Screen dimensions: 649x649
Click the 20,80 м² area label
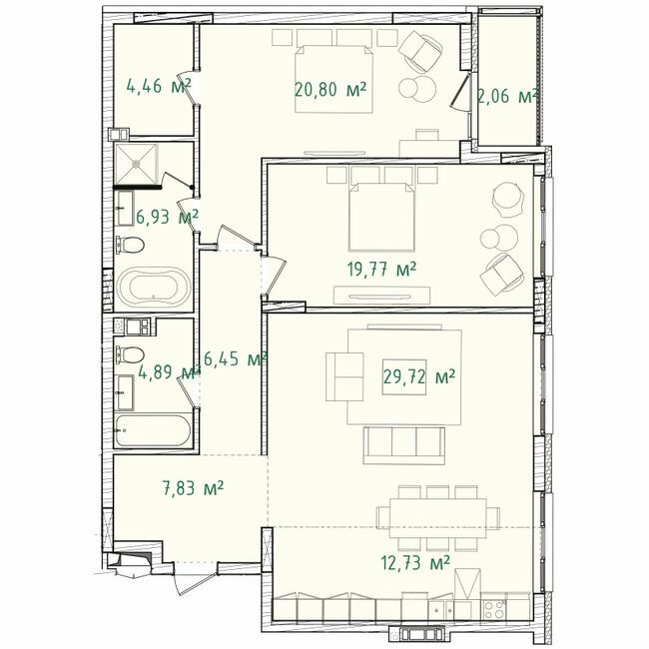click(330, 89)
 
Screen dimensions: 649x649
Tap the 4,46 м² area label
click(159, 86)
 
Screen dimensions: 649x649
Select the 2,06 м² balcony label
click(508, 97)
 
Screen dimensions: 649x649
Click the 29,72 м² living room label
click(419, 376)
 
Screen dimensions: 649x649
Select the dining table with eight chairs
click(438, 516)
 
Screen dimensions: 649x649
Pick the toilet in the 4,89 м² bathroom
click(129, 353)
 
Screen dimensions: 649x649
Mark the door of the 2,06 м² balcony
click(460, 95)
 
